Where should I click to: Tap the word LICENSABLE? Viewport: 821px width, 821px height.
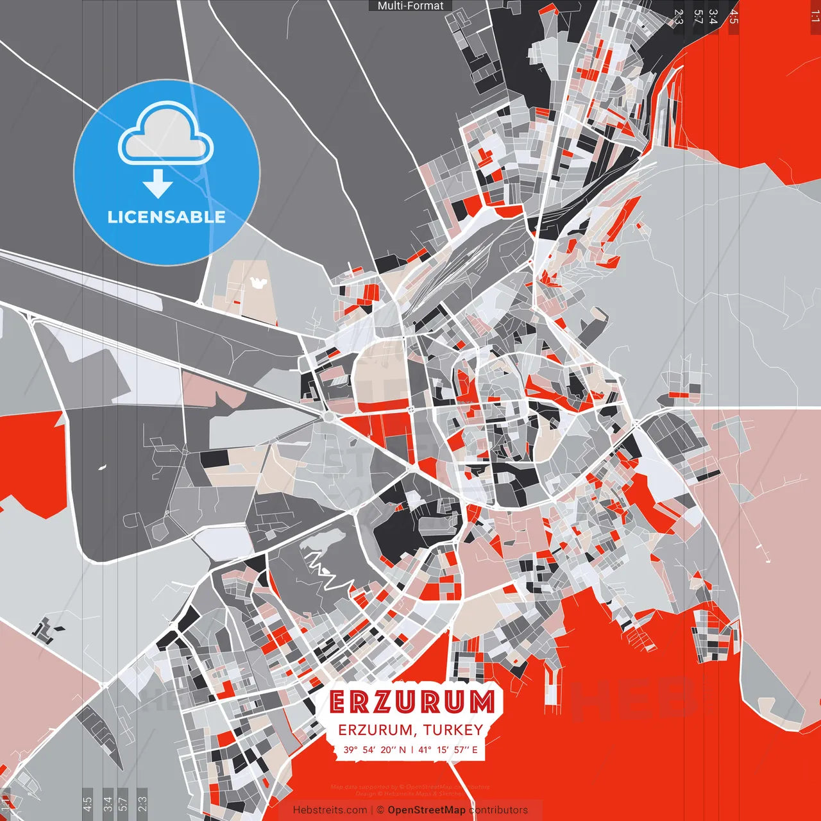click(x=166, y=217)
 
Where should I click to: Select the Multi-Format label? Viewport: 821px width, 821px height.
click(x=410, y=6)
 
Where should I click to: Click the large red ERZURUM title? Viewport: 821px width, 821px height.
click(x=412, y=702)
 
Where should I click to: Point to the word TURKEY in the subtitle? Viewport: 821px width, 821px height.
click(x=453, y=730)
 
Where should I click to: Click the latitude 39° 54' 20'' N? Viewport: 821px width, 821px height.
click(x=375, y=750)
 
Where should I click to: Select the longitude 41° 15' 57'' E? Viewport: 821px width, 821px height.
click(x=448, y=750)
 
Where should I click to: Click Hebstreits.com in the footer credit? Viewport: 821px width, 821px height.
click(x=330, y=810)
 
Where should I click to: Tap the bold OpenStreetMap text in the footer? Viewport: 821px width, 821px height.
click(x=426, y=810)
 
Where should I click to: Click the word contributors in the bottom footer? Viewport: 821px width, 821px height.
click(x=498, y=810)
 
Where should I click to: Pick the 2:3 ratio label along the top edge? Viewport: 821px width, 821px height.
click(x=679, y=17)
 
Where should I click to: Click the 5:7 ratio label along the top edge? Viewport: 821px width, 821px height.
click(x=697, y=17)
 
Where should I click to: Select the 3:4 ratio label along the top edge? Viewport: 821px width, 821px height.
click(x=713, y=17)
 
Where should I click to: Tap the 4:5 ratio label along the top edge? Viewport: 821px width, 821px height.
click(x=733, y=17)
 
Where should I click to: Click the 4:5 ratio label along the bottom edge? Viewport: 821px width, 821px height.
click(x=87, y=802)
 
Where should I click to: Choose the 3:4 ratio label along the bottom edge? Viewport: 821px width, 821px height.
click(x=107, y=802)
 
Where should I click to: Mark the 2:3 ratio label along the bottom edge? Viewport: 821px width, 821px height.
click(x=142, y=802)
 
